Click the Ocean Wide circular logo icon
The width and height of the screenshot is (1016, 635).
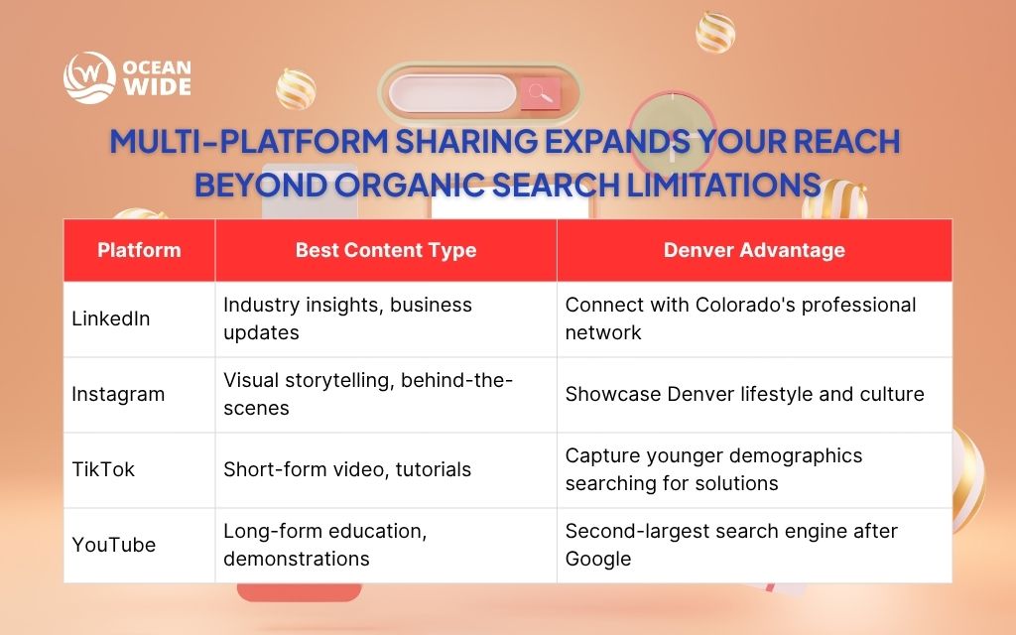click(x=89, y=77)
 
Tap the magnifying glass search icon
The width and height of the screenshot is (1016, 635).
click(x=540, y=94)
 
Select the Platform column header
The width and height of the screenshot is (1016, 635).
click(x=139, y=250)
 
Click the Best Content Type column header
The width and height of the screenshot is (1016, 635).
click(x=385, y=250)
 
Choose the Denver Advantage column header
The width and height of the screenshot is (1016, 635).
click(x=754, y=250)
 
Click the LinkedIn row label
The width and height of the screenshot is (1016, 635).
click(x=110, y=319)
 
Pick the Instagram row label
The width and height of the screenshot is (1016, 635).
click(x=118, y=394)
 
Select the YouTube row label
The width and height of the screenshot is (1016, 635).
click(x=113, y=545)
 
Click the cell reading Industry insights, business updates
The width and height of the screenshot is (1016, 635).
click(x=347, y=318)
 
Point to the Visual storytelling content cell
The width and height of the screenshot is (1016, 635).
click(x=367, y=394)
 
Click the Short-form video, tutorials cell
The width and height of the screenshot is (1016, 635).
click(x=346, y=469)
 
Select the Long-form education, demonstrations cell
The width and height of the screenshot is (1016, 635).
click(x=325, y=545)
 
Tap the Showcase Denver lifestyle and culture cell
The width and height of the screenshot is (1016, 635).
click(x=744, y=394)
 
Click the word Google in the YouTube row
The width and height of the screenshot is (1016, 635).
click(x=597, y=559)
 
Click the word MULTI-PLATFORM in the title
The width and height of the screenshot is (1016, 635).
click(x=247, y=142)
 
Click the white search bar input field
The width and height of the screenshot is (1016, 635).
click(x=451, y=94)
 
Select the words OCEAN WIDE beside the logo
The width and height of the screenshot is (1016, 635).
click(x=156, y=78)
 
